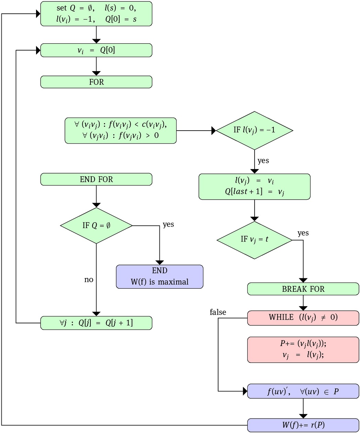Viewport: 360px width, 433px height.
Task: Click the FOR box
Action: [96, 82]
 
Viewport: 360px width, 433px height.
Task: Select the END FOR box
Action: [96, 179]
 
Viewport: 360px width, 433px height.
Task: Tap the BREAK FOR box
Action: [303, 289]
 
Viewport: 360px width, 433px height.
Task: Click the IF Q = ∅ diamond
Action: [96, 226]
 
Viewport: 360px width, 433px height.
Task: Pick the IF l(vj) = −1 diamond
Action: [254, 130]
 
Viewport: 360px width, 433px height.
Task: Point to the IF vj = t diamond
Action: [254, 240]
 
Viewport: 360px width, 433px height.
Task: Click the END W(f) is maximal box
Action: [160, 277]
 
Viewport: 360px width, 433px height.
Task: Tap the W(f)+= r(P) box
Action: [303, 425]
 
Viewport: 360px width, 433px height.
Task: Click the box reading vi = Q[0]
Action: [96, 51]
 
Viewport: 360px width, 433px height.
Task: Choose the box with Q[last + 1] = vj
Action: [254, 187]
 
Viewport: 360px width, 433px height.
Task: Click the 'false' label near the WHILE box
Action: [218, 312]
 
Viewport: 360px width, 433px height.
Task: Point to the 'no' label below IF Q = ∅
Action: [89, 280]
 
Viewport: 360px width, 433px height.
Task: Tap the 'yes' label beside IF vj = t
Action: [303, 233]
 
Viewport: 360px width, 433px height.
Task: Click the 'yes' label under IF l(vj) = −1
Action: [263, 161]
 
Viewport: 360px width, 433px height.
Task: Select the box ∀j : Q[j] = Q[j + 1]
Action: [96, 323]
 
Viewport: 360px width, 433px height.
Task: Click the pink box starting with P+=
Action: [303, 349]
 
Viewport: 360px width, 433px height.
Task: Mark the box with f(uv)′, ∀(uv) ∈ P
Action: [303, 391]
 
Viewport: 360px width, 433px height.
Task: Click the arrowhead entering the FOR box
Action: [96, 73]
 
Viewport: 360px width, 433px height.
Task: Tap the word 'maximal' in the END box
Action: [173, 282]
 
